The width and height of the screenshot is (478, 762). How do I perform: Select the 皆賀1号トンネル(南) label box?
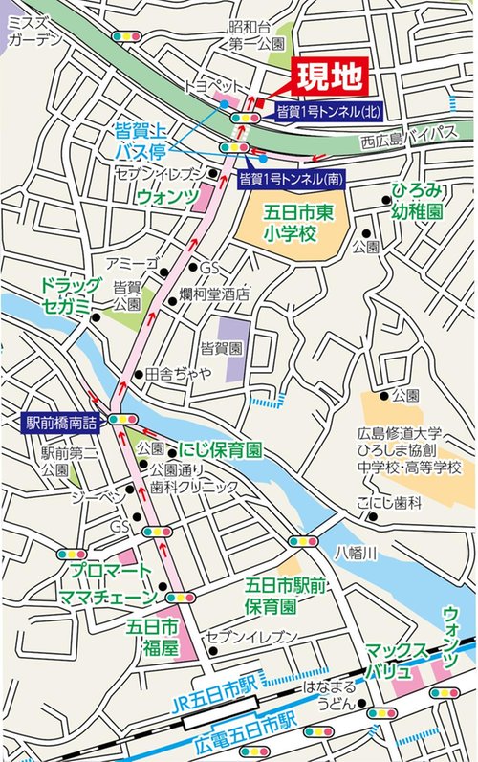[292, 178]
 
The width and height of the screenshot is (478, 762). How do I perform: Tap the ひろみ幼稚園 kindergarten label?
[420, 202]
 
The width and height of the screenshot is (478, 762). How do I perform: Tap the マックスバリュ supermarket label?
[399, 658]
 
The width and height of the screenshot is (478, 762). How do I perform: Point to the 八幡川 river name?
[363, 552]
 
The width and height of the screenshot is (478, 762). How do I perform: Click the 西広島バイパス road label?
[410, 134]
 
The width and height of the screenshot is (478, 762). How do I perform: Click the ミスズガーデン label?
[34, 33]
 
